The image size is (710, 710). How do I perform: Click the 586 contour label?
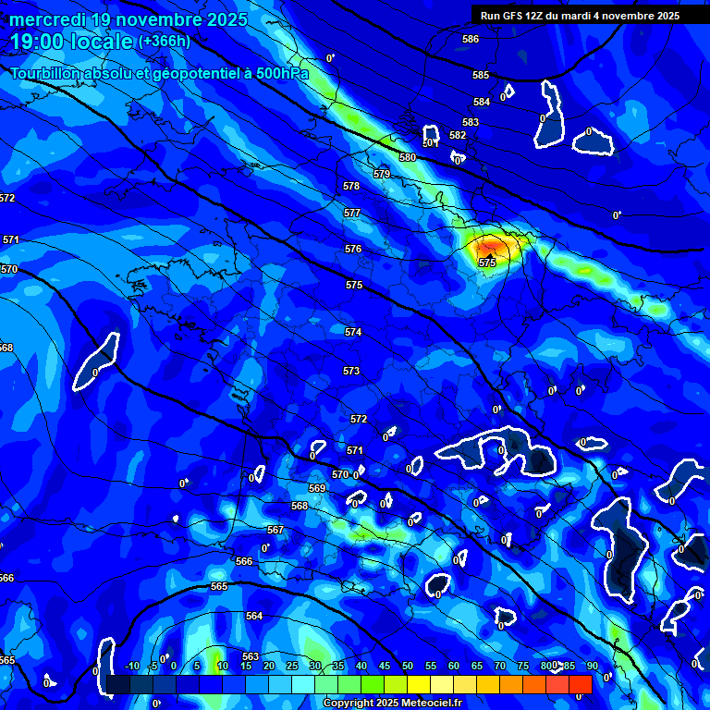(x=471, y=40)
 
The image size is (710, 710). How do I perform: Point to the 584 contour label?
(x=482, y=103)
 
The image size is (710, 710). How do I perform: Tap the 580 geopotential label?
(x=408, y=158)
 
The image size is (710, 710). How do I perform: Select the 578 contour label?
(x=351, y=187)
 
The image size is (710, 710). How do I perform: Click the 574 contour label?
(x=353, y=332)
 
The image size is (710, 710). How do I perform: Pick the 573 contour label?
(x=351, y=371)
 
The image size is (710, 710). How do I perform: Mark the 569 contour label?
(x=317, y=488)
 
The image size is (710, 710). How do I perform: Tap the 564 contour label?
(x=254, y=616)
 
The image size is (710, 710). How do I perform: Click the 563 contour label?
(x=251, y=656)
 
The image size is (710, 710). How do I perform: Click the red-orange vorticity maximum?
(x=490, y=247)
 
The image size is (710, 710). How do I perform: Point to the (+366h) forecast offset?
(x=165, y=42)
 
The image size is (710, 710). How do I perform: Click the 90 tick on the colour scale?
(x=592, y=666)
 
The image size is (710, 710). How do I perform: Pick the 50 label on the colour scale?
(x=407, y=666)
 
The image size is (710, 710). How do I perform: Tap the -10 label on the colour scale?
(x=131, y=666)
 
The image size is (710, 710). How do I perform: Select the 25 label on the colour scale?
(x=291, y=666)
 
